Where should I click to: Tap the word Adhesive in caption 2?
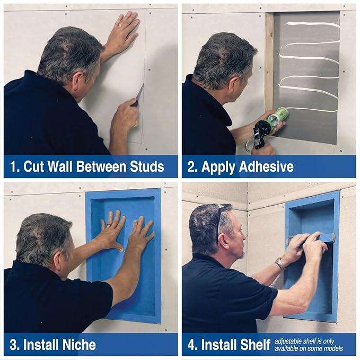(x=267, y=167)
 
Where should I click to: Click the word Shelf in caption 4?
(x=252, y=345)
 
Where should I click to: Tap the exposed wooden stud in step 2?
(x=269, y=64)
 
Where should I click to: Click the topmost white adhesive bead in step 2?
(x=313, y=24)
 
